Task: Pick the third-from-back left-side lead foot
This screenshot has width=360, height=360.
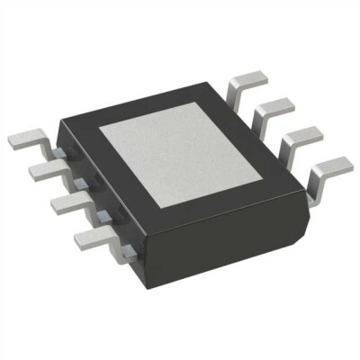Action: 63,202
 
